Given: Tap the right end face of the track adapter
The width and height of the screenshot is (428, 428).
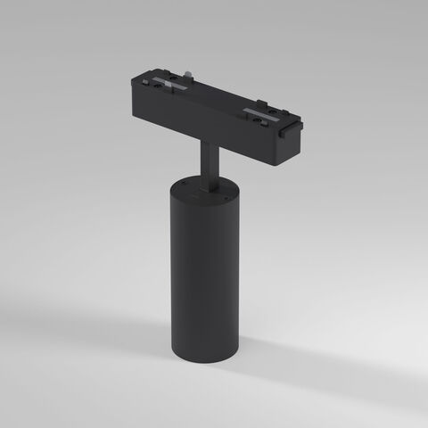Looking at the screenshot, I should point(292,143).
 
